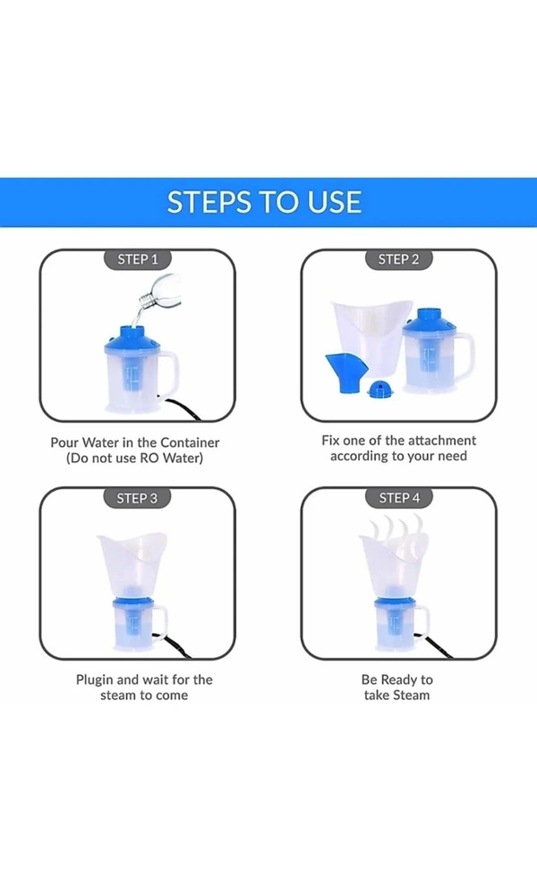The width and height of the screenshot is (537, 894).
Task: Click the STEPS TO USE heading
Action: (x=264, y=202)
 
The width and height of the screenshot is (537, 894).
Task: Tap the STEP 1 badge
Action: (x=138, y=259)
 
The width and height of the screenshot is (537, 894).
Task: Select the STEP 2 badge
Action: (x=398, y=259)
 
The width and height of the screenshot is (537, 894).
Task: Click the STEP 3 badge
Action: (x=137, y=498)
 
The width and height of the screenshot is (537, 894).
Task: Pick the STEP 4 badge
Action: (x=399, y=498)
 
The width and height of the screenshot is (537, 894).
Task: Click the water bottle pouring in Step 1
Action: (x=159, y=291)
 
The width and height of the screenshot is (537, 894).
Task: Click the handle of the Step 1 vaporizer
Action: (x=169, y=374)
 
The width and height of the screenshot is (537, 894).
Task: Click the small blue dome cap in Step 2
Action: (x=376, y=390)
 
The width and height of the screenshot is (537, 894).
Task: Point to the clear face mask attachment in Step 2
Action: (x=370, y=335)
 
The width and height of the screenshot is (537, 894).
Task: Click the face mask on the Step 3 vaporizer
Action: (x=132, y=564)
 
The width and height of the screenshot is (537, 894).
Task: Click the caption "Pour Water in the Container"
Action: (x=134, y=443)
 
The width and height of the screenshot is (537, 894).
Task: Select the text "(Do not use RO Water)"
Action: (x=134, y=459)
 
